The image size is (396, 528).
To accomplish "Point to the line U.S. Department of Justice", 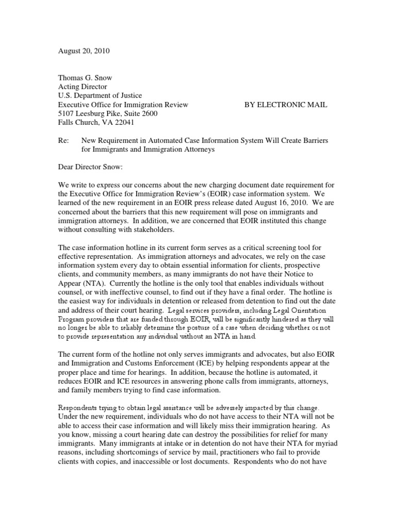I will point(100,95).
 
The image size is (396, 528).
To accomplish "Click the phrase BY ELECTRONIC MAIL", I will point(286,105).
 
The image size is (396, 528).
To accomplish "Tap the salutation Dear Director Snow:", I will point(92,167).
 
